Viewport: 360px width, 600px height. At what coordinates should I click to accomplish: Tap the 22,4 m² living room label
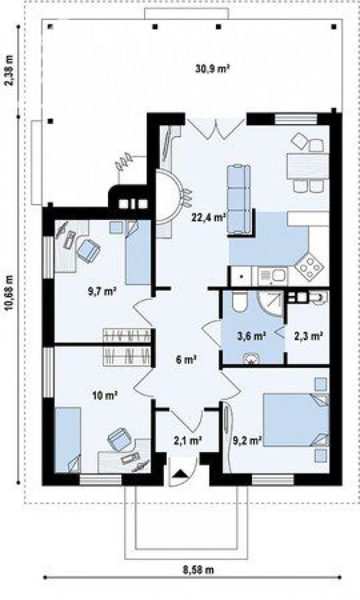(x=208, y=218)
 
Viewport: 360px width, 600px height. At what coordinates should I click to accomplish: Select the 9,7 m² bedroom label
(x=102, y=292)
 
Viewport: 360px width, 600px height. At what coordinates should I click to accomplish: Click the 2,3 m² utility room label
(x=308, y=336)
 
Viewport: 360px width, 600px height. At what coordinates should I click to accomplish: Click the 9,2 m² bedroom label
(x=247, y=441)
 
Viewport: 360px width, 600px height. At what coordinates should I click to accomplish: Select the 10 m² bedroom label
(x=105, y=395)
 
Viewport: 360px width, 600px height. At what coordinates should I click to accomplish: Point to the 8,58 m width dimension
(x=197, y=570)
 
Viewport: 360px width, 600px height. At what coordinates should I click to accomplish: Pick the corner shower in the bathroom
(x=270, y=304)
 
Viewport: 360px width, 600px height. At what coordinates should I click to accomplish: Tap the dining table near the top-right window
(x=307, y=166)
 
